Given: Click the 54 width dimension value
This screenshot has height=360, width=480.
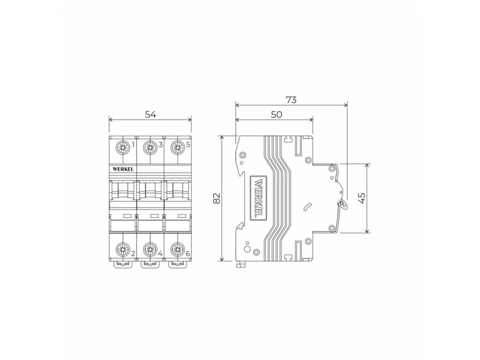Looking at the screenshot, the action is pyautogui.click(x=150, y=114).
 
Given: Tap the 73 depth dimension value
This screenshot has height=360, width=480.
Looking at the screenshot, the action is pyautogui.click(x=291, y=100).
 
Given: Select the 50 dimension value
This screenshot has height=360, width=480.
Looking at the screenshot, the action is pyautogui.click(x=276, y=114).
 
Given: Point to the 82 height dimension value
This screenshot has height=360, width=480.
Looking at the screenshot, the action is pyautogui.click(x=216, y=198).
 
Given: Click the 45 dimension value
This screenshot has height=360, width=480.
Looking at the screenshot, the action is pyautogui.click(x=362, y=198).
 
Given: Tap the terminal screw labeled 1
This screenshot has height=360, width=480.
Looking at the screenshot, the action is pyautogui.click(x=123, y=148).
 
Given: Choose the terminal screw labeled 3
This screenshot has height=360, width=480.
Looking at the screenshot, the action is pyautogui.click(x=150, y=148).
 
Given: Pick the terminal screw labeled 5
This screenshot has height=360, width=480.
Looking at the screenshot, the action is pyautogui.click(x=177, y=148).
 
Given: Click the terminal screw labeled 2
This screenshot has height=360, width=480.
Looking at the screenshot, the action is pyautogui.click(x=123, y=249).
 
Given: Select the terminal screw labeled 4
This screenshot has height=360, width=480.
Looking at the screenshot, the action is pyautogui.click(x=150, y=249).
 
